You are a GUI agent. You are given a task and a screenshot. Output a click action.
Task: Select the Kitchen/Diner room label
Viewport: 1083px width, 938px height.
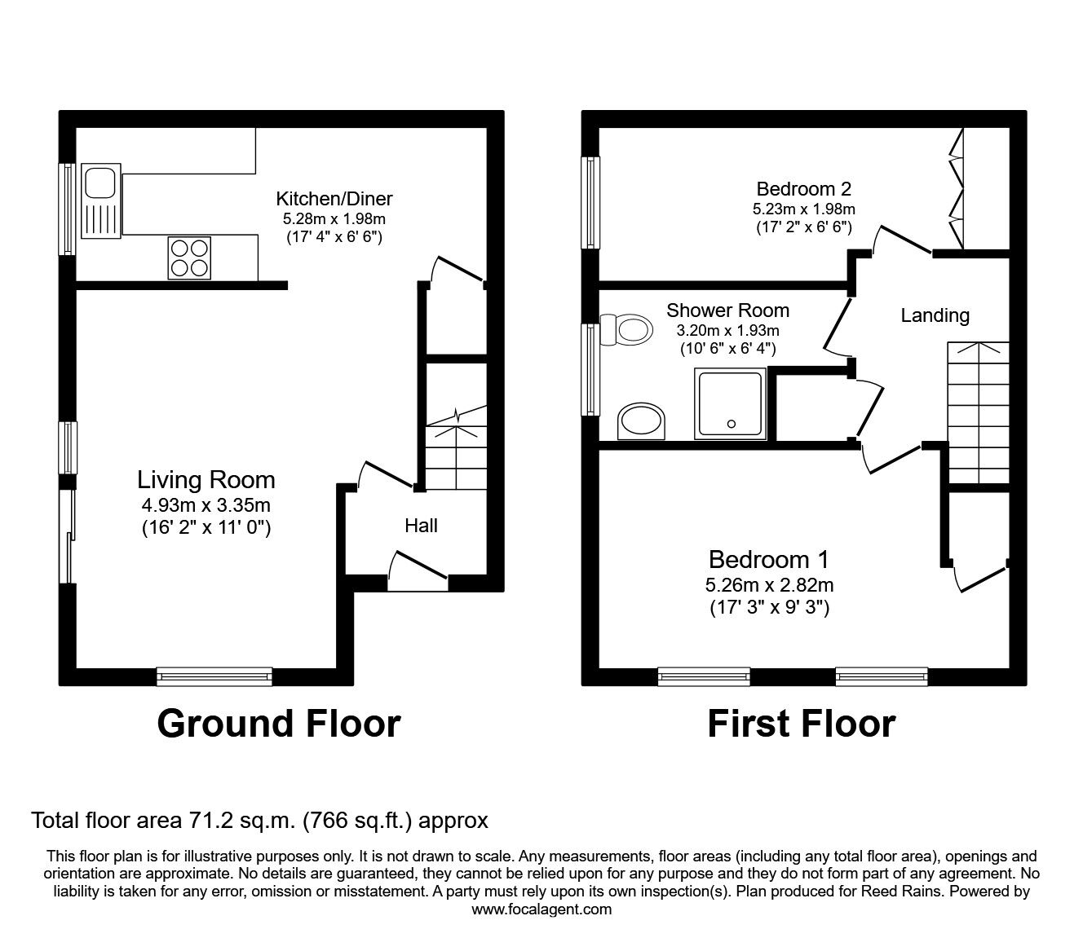click(334, 199)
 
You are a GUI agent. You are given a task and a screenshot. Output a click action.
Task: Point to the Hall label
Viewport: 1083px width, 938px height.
click(421, 526)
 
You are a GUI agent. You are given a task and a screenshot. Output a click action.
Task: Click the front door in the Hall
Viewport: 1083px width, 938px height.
click(418, 570)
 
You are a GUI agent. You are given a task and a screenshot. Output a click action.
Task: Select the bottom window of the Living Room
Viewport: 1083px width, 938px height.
click(214, 675)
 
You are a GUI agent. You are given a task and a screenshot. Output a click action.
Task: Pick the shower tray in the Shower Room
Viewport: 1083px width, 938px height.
click(731, 403)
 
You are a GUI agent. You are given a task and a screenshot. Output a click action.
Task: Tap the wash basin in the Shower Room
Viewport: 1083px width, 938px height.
click(641, 422)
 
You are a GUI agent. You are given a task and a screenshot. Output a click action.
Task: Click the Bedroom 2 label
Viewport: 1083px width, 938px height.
click(803, 189)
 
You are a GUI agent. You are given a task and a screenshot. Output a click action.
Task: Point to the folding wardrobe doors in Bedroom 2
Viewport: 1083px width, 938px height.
click(957, 188)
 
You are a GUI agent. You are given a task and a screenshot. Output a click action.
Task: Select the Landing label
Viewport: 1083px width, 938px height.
click(935, 315)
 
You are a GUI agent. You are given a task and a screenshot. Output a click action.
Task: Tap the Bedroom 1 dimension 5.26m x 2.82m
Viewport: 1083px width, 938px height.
click(769, 584)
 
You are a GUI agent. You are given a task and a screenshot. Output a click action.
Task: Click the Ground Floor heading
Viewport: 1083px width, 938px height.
click(278, 724)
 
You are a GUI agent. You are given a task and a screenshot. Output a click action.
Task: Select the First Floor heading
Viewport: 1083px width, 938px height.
click(801, 724)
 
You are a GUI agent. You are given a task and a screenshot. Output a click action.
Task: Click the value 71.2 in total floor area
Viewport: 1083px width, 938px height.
click(204, 820)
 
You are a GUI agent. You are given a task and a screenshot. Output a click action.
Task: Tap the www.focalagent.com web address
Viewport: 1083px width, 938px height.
click(541, 909)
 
